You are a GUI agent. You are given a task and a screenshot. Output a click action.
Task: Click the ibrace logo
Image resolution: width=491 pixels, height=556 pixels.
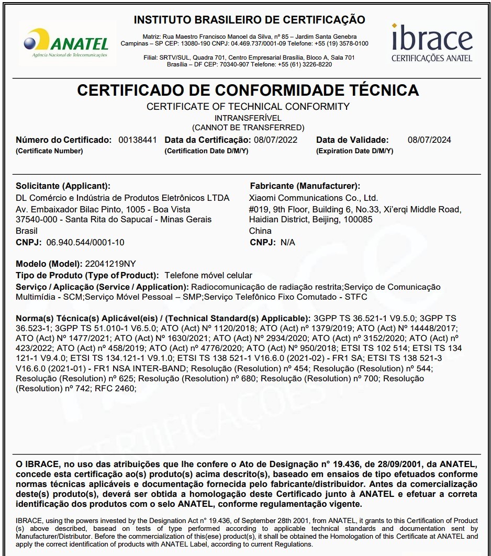(x=432, y=42)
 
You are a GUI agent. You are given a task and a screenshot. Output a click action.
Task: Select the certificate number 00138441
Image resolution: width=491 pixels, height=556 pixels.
(x=138, y=140)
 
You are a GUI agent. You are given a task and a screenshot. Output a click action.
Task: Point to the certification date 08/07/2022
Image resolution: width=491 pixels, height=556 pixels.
(x=275, y=140)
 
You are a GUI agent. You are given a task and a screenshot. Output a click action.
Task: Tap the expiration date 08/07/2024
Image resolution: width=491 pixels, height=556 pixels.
(x=429, y=140)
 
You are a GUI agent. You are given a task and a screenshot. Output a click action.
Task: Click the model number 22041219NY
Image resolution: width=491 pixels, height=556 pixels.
(x=110, y=264)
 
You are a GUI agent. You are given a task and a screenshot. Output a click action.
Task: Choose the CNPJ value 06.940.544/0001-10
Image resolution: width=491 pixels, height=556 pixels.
(x=85, y=242)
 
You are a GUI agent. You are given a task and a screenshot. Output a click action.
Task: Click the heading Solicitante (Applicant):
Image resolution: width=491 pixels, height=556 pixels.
(x=63, y=186)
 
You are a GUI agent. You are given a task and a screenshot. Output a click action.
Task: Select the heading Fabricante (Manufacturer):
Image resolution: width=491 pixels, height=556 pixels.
(x=305, y=186)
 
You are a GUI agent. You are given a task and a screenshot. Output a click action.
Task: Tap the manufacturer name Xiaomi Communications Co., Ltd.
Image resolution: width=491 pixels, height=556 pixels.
(x=314, y=198)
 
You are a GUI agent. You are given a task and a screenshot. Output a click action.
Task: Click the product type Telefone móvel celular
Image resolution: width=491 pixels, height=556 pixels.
(x=208, y=275)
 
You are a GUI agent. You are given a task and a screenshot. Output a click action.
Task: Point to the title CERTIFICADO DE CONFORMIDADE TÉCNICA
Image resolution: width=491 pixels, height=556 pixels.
(x=248, y=90)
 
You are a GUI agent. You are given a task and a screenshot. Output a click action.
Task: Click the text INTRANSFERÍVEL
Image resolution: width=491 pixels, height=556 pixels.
(x=248, y=118)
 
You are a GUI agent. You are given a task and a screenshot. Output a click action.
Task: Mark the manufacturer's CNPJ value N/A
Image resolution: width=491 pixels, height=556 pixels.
(x=288, y=242)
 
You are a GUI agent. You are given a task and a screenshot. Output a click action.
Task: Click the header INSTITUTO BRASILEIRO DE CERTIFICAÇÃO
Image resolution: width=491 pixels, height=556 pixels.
(x=250, y=20)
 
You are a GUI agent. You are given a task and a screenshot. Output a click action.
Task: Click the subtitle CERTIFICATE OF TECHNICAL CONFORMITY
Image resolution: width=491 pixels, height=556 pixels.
(x=248, y=107)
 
